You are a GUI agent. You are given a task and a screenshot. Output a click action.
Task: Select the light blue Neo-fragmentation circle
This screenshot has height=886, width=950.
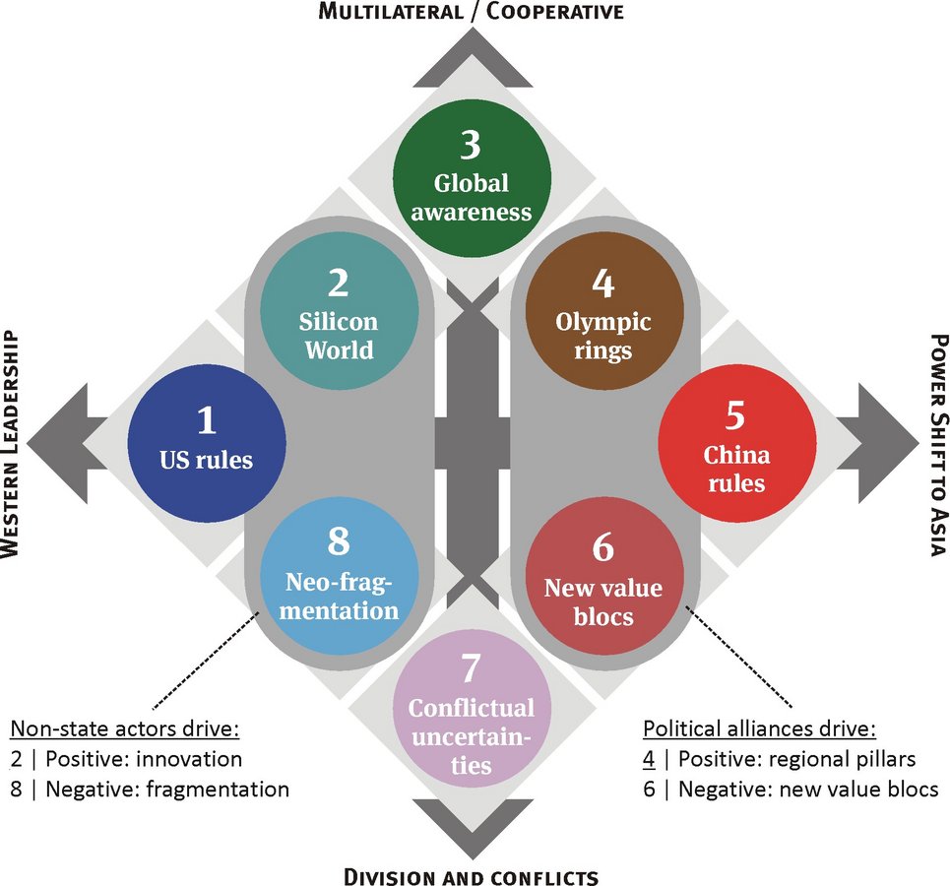coord(338,576)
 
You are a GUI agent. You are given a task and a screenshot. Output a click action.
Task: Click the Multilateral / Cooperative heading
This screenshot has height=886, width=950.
coord(470,12)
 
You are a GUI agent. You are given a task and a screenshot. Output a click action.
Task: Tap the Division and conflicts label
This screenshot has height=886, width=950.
coord(471,875)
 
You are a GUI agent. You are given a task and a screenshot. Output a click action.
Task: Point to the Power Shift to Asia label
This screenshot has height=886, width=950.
coord(938,443)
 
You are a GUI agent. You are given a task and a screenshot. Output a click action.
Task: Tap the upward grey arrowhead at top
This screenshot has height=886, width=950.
coord(471,64)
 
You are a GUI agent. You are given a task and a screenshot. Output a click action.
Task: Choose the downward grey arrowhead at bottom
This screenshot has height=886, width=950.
coord(471,822)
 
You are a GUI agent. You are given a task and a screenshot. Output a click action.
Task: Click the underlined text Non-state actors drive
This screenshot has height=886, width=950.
coord(125,729)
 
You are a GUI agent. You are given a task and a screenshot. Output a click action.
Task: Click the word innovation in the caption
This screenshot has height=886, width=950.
coord(193,759)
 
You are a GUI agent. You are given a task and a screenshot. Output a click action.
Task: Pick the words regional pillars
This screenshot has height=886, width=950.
coord(855,759)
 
